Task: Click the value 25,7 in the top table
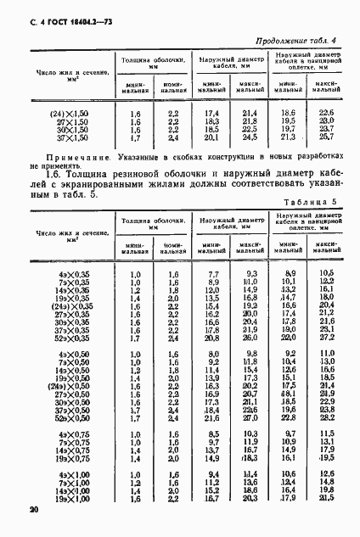coord(327,136)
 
